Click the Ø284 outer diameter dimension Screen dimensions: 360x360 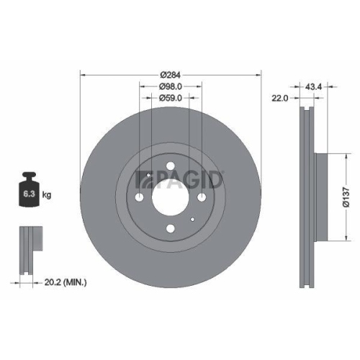171,74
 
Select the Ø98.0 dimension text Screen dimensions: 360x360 171,86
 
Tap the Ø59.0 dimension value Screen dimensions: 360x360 171,99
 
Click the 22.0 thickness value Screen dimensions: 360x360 280,99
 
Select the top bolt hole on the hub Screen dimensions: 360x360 171,167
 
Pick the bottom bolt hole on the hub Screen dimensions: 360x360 171,230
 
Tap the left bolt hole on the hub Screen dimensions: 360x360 139,198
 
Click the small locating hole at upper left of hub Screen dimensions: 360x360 148,176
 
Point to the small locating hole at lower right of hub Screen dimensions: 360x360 193,220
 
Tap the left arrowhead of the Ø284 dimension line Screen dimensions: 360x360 81,74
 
